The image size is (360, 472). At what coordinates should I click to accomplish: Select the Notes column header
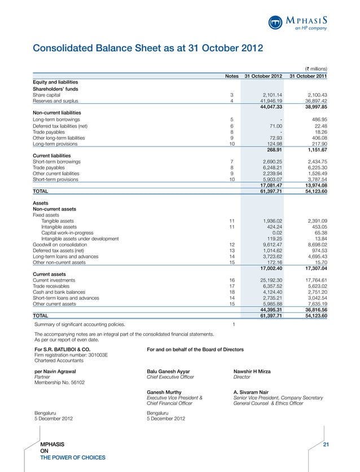[231, 76]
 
